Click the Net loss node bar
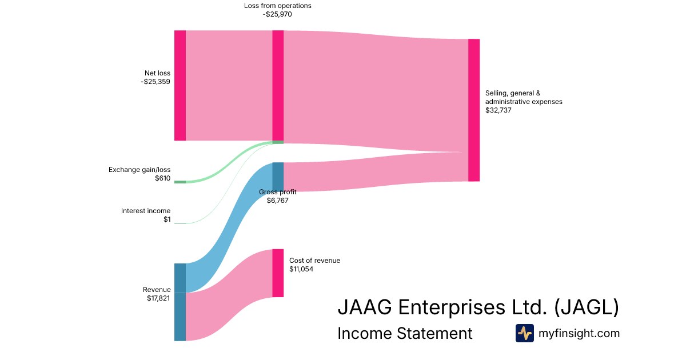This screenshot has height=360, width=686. coord(180,85)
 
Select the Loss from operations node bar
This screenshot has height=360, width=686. coord(278,85)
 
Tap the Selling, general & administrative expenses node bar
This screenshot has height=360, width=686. coord(474,110)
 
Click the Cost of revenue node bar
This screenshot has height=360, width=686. coord(278,273)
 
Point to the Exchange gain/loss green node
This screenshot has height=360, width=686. coord(180,182)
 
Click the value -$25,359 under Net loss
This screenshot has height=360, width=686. coord(155,82)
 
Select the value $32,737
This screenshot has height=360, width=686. coord(498,110)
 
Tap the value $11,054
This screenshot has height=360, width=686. coord(301,269)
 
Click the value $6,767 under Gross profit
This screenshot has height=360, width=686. coord(277,201)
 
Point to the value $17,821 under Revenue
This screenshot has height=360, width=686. coord(158,298)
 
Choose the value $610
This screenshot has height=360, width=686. coord(162,178)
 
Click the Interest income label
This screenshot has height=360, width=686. coord(146,211)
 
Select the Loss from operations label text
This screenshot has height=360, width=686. coord(277,6)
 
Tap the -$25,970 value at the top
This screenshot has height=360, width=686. coord(277,14)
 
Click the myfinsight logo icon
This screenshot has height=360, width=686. coord(524,333)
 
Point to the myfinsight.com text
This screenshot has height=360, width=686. coord(579,333)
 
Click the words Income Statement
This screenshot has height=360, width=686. coord(405,333)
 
